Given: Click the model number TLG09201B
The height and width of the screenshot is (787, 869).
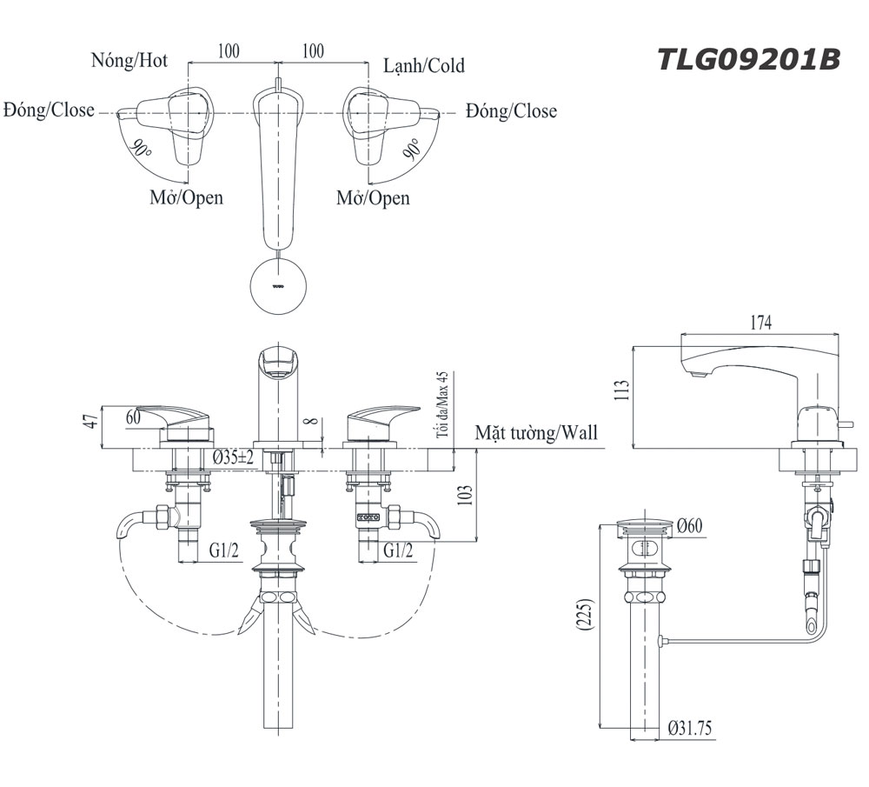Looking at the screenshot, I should pos(748,60).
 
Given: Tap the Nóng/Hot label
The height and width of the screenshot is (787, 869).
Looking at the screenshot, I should pos(129,61).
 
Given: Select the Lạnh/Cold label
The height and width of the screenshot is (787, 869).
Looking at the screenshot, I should pos(424,65).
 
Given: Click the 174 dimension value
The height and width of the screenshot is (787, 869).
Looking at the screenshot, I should pos(760,323).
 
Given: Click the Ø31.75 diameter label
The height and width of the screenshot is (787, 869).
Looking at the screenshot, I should pos(691,730).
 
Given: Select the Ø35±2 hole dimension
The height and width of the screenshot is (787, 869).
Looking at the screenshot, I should pos(233,457).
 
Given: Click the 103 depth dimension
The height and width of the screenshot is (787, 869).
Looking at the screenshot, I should pos(465,495).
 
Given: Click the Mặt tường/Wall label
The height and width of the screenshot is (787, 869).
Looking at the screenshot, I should pos(536,433).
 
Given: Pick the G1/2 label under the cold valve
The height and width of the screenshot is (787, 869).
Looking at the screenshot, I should pos(398,550).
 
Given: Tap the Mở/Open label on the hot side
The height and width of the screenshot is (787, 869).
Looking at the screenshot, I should pos(186,197).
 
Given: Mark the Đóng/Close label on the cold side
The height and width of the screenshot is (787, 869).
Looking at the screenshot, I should pos(511,111).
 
